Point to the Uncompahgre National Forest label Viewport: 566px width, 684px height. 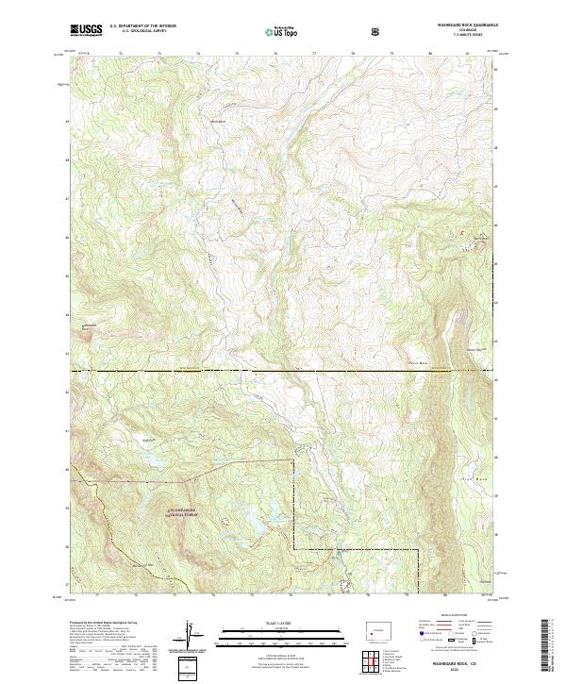186,512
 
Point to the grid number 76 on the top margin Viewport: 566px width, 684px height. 275,55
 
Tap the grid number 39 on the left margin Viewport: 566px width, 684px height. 67,507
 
